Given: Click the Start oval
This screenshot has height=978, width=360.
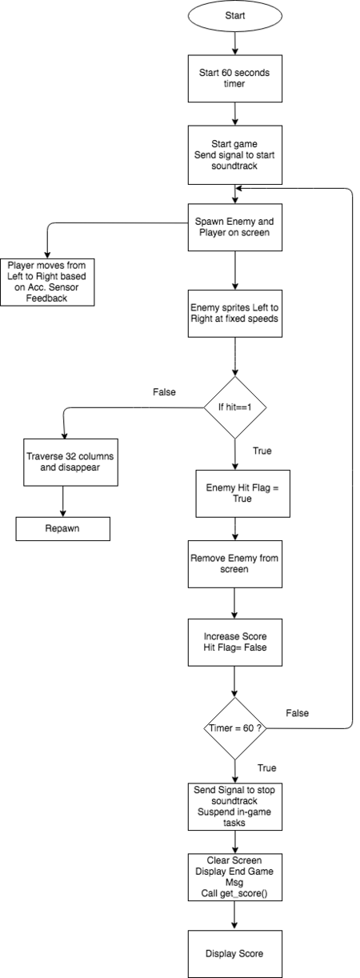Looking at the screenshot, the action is [234, 16].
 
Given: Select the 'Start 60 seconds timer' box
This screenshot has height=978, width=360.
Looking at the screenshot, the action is [234, 78].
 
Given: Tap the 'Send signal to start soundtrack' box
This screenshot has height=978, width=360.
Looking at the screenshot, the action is [234, 155].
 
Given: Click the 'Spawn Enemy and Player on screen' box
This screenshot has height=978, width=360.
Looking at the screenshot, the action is [234, 227].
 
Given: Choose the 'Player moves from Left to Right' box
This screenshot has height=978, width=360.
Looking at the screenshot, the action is [47, 282].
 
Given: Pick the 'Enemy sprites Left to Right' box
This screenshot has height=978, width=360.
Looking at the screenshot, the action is [234, 314].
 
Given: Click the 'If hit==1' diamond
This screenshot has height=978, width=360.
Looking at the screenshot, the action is [235, 407].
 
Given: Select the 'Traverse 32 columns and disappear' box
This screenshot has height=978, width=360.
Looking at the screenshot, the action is [70, 463].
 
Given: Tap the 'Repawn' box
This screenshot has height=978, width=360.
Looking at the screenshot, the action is [63, 529].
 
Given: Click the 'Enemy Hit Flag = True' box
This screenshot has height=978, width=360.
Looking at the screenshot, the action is [242, 493].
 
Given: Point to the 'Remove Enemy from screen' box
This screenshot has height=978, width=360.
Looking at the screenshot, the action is [234, 564].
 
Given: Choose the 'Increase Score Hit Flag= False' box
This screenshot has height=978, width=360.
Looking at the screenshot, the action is [234, 642].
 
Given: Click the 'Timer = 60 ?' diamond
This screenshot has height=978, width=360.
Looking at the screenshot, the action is [235, 728].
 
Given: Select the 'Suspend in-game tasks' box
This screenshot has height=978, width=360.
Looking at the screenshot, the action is [234, 807].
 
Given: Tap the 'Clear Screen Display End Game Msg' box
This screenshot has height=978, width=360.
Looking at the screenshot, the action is [234, 877].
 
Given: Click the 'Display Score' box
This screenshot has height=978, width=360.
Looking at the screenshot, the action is [234, 954].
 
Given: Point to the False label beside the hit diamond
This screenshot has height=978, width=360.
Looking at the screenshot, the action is [164, 392].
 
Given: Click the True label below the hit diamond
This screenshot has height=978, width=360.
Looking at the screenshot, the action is [262, 451].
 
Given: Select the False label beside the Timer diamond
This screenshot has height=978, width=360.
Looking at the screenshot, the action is [297, 713].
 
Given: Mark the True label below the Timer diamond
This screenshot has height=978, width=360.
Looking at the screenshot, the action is [266, 768].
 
